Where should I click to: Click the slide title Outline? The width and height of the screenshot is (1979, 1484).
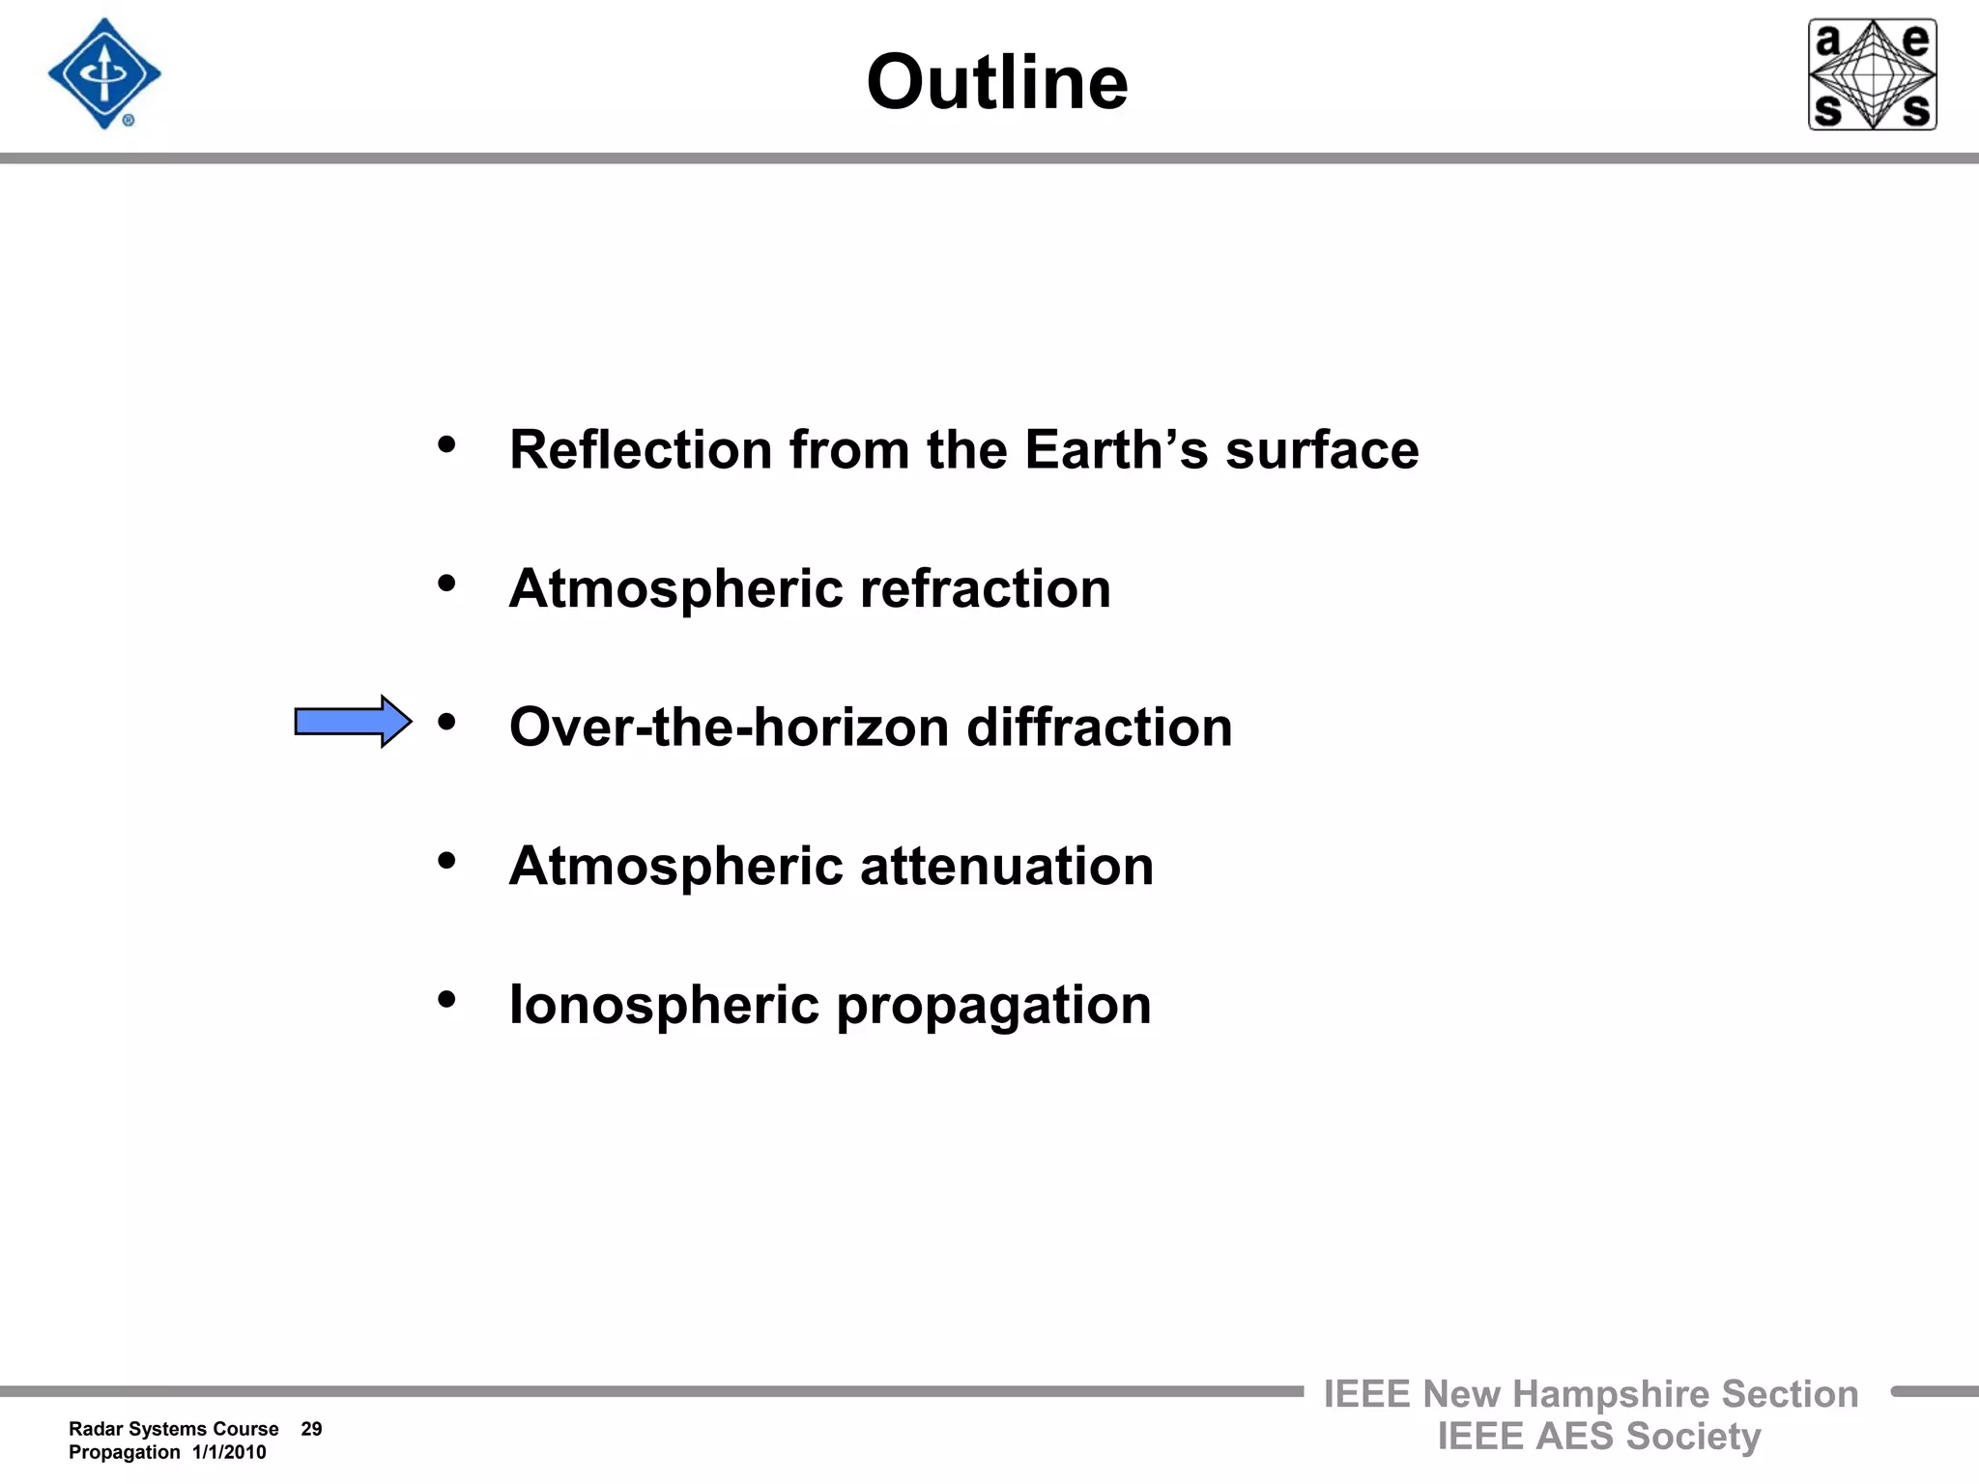pyautogui.click(x=996, y=82)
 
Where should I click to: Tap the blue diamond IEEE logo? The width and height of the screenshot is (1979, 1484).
pyautogui.click(x=104, y=74)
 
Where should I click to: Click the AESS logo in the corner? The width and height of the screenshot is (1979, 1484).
pyautogui.click(x=1872, y=74)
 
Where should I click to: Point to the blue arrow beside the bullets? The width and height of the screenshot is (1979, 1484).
pyautogui.click(x=353, y=722)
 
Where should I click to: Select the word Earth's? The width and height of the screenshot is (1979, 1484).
pyautogui.click(x=1116, y=450)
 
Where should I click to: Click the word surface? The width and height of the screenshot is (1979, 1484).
pyautogui.click(x=1322, y=450)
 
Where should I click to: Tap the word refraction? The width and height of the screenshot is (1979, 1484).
pyautogui.click(x=985, y=588)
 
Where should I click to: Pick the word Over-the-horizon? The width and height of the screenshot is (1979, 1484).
pyautogui.click(x=729, y=728)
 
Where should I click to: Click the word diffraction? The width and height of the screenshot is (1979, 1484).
pyautogui.click(x=1100, y=728)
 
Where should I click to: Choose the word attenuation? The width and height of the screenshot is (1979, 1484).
pyautogui.click(x=1006, y=866)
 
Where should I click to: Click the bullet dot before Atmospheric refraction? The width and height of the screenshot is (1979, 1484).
pyautogui.click(x=446, y=584)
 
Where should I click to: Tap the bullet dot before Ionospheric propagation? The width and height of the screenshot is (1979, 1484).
pyautogui.click(x=446, y=999)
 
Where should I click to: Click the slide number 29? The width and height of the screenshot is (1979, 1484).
pyautogui.click(x=311, y=1429)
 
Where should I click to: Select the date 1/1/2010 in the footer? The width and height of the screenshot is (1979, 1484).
pyautogui.click(x=229, y=1452)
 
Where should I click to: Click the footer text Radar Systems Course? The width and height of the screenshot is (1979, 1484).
pyautogui.click(x=174, y=1429)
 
